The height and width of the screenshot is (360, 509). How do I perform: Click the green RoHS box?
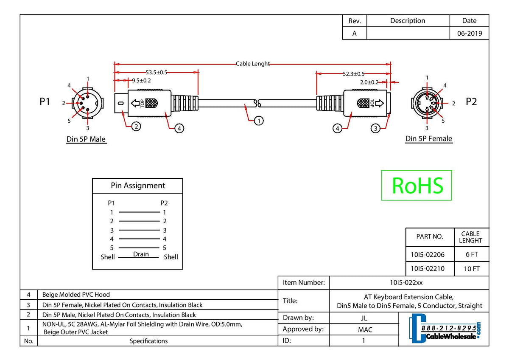(x=416, y=185)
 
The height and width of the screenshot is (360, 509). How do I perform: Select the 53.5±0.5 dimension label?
(x=157, y=73)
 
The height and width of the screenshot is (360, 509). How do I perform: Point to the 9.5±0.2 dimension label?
(x=141, y=80)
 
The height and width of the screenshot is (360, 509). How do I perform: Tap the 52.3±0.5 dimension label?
(x=354, y=74)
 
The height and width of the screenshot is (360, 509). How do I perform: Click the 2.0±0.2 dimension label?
(x=369, y=82)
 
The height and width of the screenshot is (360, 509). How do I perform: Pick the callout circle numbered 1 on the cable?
(x=258, y=121)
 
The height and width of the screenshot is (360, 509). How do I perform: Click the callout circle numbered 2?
(x=136, y=126)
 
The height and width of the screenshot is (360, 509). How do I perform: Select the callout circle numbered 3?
(x=375, y=128)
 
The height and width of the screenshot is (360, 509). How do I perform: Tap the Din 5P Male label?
(x=86, y=139)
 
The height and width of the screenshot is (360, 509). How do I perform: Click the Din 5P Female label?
(x=428, y=139)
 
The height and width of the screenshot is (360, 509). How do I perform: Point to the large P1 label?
(x=45, y=102)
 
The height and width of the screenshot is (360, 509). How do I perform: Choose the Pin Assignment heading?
(x=138, y=186)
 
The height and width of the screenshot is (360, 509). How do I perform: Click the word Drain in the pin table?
(x=141, y=254)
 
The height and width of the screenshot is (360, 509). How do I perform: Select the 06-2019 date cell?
(x=469, y=34)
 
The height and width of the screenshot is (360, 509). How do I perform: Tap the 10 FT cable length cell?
(x=471, y=269)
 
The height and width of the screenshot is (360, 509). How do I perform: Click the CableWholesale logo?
(x=445, y=329)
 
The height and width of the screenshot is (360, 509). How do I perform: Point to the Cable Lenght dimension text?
(x=253, y=64)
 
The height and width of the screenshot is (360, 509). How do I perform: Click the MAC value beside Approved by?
(x=364, y=329)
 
